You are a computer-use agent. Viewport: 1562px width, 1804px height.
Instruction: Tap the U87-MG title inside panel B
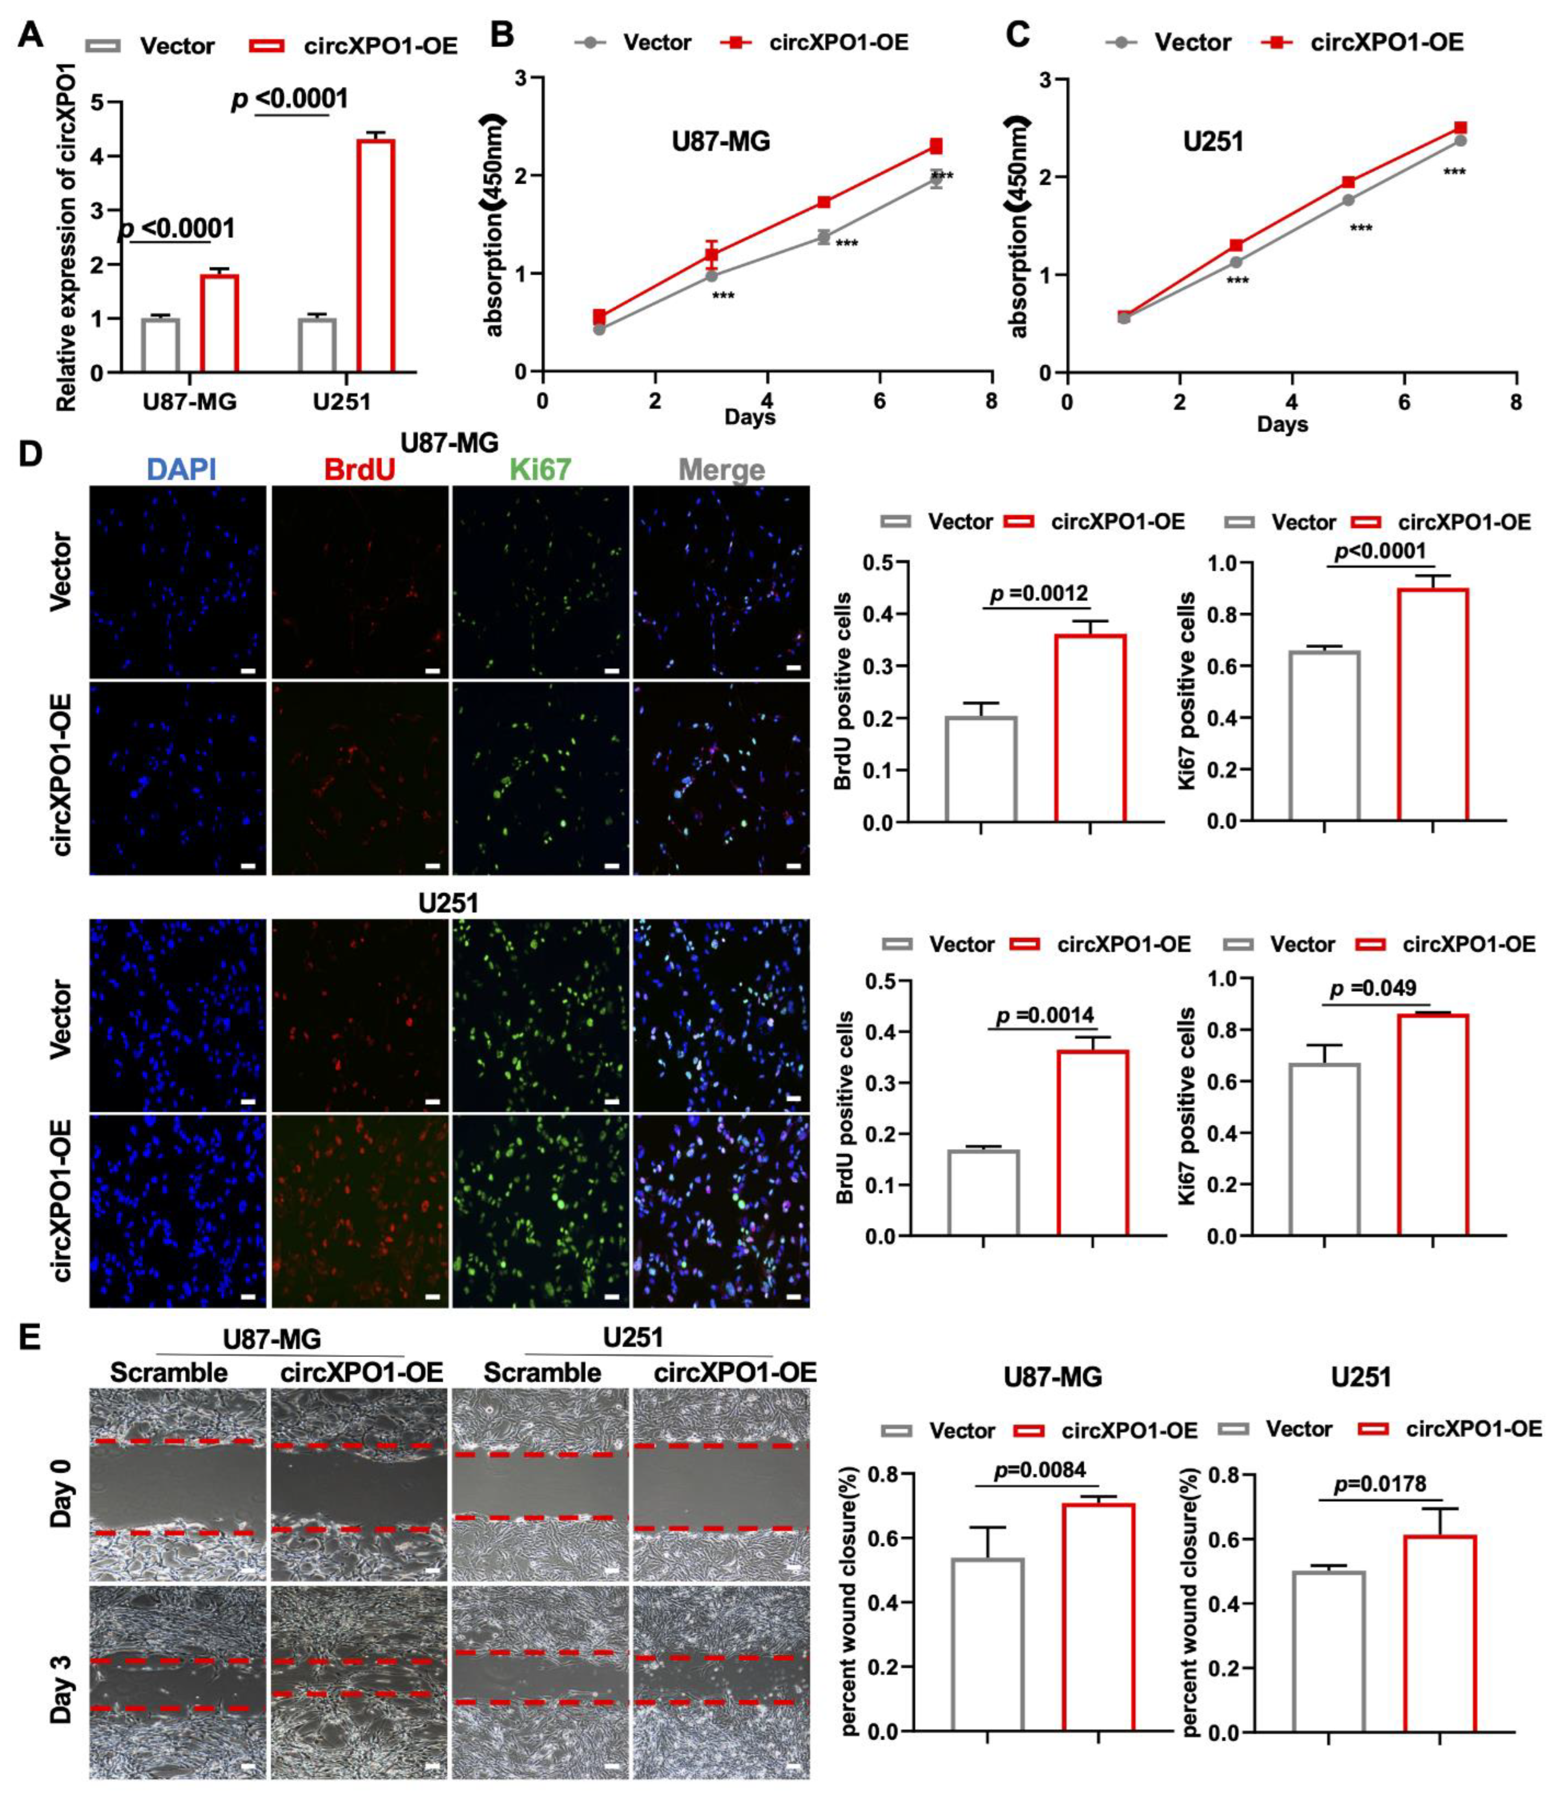721,141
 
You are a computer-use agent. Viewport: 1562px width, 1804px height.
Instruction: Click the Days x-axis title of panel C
1282,425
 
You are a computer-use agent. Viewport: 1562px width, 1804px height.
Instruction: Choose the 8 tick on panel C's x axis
1516,402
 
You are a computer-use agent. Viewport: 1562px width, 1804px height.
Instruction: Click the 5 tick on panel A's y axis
97,103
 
